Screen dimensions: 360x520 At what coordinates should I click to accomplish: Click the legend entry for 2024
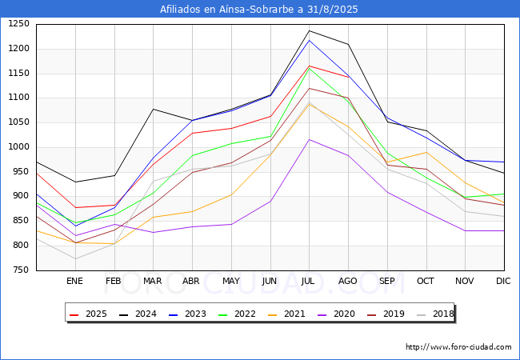137,314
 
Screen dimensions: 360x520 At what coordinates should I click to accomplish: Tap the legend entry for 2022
234,314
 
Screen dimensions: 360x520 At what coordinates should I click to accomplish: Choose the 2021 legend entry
283,314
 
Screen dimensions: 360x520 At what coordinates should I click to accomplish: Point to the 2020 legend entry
332,314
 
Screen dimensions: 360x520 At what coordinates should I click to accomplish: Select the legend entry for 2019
381,314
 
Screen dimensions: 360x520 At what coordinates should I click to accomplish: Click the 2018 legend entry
430,314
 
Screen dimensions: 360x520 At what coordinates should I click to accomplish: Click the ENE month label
74,281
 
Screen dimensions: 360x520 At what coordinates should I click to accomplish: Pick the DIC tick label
503,281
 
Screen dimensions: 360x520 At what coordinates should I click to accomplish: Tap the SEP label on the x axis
386,281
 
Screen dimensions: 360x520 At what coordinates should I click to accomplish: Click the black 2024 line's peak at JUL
309,31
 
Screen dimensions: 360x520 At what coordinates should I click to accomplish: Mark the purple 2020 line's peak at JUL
309,139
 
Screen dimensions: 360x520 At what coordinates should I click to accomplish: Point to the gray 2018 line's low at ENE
75,258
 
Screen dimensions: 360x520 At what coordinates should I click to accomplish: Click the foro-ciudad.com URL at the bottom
458,347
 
